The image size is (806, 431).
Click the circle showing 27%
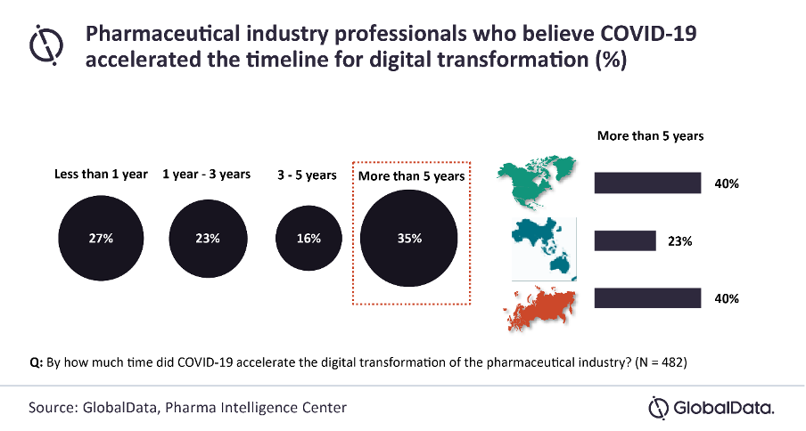pyautogui.click(x=100, y=239)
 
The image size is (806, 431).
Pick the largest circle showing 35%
pyautogui.click(x=410, y=239)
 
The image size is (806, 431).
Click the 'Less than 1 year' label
pyautogui.click(x=101, y=175)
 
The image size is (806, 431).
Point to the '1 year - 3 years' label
pyautogui.click(x=206, y=175)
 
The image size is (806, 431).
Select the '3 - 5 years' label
pyautogui.click(x=308, y=175)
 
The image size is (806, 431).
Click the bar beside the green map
pyautogui.click(x=647, y=183)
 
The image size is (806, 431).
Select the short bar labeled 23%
pyautogui.click(x=624, y=240)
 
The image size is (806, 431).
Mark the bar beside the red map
pyautogui.click(x=647, y=298)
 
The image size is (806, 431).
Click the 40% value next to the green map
pyautogui.click(x=727, y=184)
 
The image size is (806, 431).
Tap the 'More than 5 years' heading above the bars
pyautogui.click(x=650, y=136)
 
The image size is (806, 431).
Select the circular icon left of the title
pyautogui.click(x=45, y=45)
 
